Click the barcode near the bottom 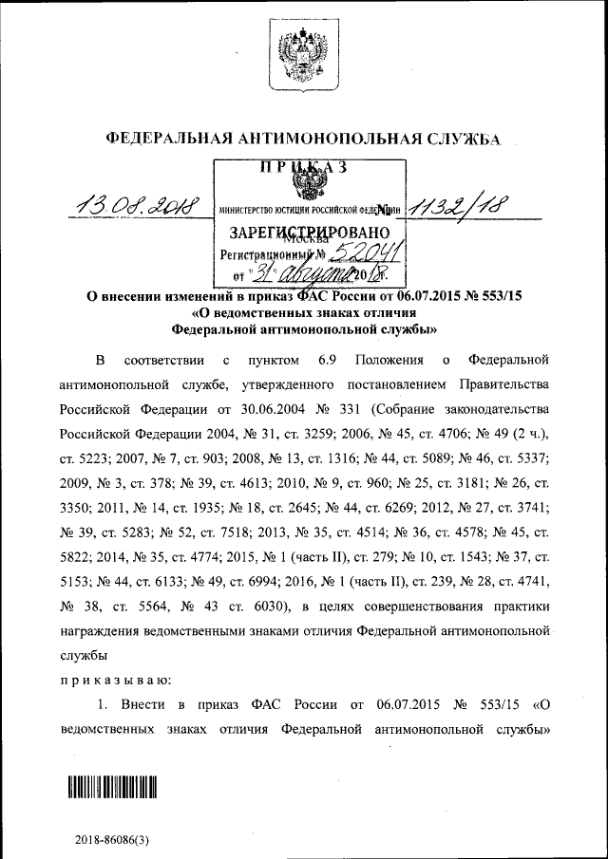(110, 787)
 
